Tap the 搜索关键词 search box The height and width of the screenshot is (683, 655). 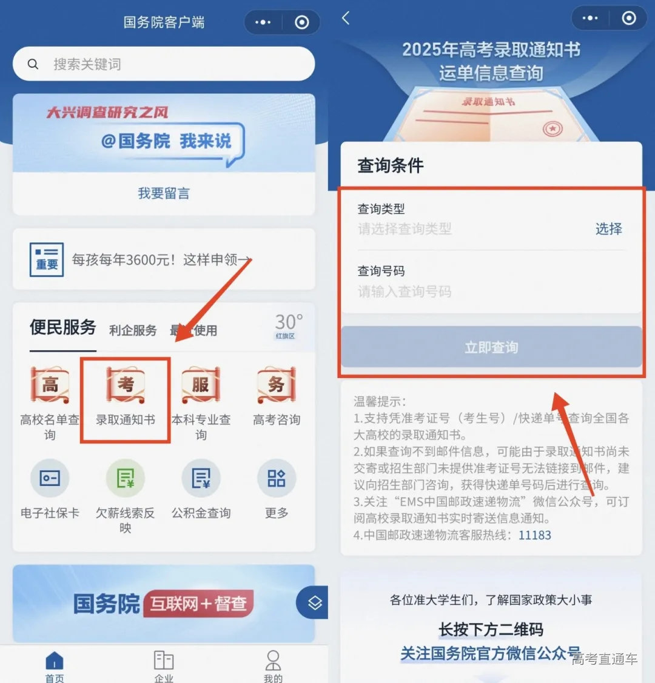click(164, 64)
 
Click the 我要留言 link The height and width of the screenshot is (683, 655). click(164, 193)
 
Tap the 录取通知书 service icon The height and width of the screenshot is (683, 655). click(126, 385)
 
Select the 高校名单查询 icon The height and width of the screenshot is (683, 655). click(50, 385)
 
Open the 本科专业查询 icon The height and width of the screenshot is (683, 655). click(201, 385)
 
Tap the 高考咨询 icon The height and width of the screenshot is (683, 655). click(277, 385)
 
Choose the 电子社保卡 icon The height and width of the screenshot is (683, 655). click(50, 479)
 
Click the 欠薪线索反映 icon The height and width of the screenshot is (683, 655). click(126, 479)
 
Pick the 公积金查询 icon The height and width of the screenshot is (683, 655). click(201, 479)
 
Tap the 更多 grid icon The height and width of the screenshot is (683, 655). click(277, 479)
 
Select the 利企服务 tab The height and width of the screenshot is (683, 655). click(133, 330)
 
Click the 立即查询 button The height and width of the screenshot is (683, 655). click(491, 347)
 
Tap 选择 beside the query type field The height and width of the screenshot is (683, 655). click(608, 229)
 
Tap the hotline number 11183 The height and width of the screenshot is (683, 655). click(535, 535)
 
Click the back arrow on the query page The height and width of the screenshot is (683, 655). click(346, 18)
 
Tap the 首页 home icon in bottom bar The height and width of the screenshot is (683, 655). click(55, 662)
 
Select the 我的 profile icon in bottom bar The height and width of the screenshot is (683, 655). click(273, 662)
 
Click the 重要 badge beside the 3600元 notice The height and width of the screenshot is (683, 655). click(47, 259)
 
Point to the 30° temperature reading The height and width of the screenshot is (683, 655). click(289, 322)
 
